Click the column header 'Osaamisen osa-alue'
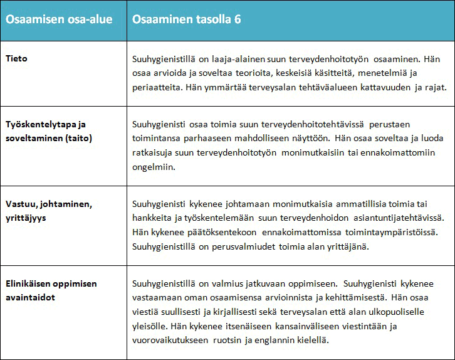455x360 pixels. coord(59,19)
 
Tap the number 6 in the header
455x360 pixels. coord(238,19)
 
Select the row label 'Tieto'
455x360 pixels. coord(17,58)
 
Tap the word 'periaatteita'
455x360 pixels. coord(155,87)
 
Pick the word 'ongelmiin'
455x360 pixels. coord(153,167)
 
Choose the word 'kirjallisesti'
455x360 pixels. coord(250,312)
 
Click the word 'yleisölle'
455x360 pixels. coord(150,326)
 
